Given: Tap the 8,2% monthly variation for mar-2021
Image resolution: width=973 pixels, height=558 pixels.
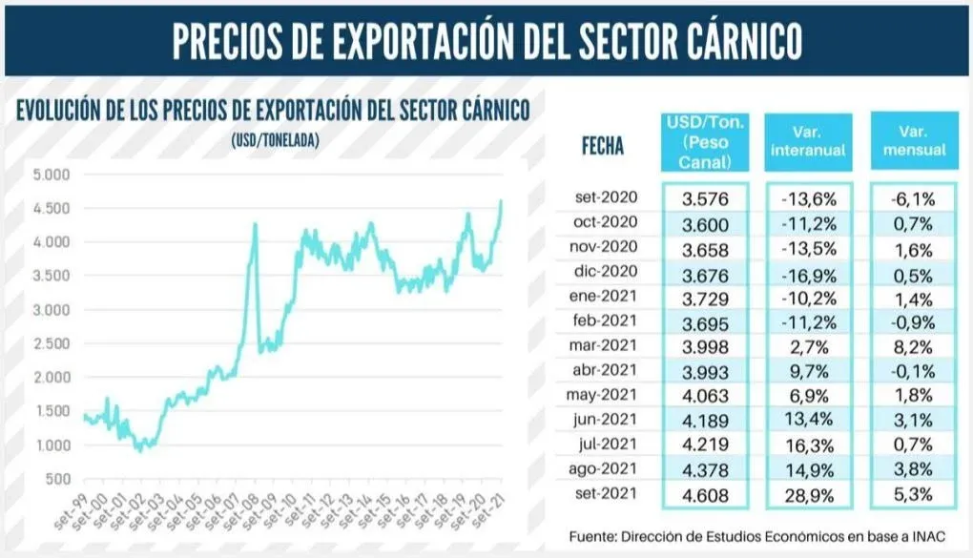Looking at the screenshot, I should pos(914,346).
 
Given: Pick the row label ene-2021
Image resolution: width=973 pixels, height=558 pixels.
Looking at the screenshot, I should pos(606,297).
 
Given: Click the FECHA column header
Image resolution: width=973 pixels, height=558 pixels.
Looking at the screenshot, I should pos(602,146).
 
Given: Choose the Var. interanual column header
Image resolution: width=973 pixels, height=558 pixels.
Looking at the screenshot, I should pos(808,141).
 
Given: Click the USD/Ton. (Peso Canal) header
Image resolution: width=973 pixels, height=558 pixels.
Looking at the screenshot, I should pos(705,141).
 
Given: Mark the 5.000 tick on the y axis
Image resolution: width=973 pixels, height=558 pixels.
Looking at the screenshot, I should pos(52,175).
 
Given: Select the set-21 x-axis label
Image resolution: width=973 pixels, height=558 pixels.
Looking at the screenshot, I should pos(490,509).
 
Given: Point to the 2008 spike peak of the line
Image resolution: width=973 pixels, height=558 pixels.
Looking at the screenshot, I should pos(255,225).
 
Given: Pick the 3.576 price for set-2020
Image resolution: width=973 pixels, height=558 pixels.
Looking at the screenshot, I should pos(706,198).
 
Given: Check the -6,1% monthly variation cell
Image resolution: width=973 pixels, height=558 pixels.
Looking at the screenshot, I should pos(914,198).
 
